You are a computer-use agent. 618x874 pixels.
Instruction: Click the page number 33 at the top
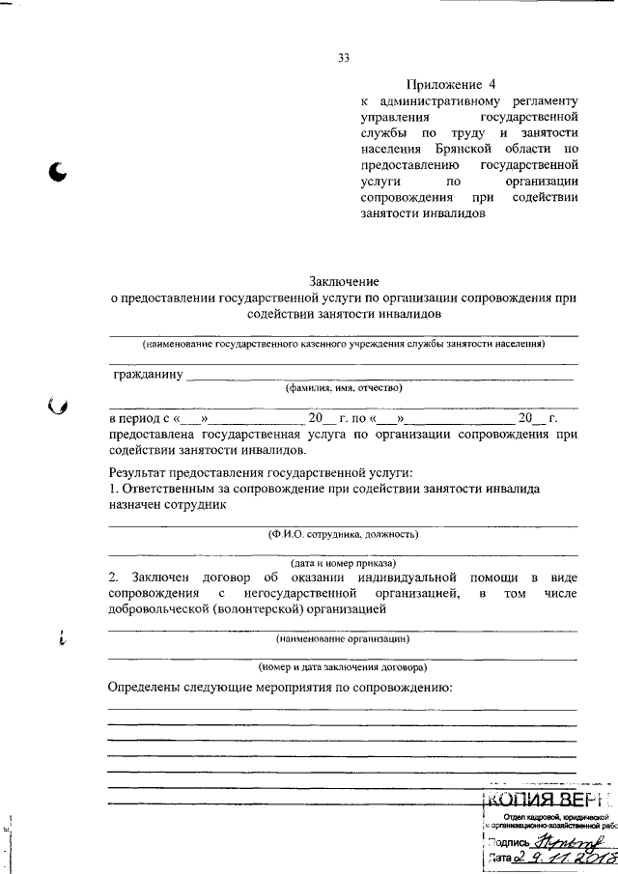(343, 58)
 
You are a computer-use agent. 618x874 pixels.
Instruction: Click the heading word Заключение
(343, 280)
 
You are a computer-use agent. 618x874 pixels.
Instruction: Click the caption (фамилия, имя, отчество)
(343, 387)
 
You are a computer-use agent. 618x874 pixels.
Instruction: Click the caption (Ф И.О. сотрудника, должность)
(343, 534)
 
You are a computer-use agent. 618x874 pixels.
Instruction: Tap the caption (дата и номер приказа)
(343, 561)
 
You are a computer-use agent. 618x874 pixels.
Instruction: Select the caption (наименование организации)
(343, 638)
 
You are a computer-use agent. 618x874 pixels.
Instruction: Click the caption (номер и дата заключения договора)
(343, 666)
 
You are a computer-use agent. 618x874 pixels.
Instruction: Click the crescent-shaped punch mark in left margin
(60, 172)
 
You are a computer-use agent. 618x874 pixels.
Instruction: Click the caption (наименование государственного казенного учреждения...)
(343, 344)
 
